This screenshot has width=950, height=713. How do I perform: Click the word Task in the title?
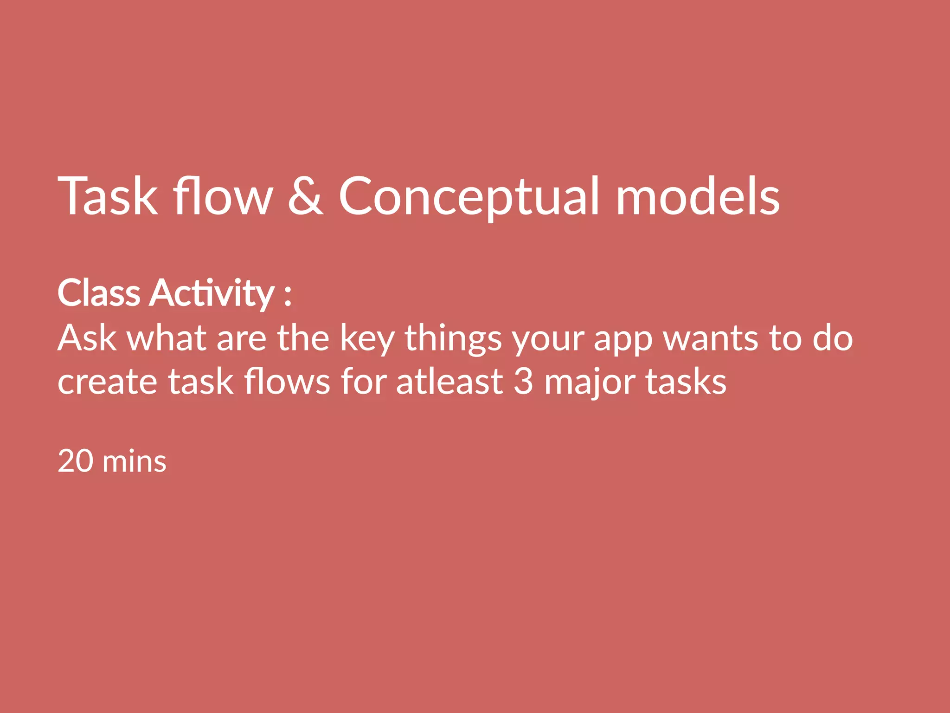108,196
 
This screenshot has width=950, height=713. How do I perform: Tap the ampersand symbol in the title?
305,196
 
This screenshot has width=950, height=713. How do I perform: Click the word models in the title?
698,196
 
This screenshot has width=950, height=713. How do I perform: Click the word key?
367,339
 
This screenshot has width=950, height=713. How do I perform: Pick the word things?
453,339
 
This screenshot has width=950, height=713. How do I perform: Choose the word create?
107,382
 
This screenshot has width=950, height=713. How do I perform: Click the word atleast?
449,382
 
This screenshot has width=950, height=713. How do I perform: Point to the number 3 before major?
524,382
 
